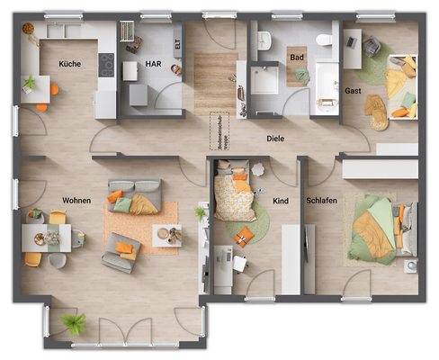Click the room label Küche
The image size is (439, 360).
pos(70,64)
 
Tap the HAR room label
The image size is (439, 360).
pos(153,64)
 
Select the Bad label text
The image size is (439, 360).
pos(296,57)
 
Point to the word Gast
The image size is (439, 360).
pos(353,91)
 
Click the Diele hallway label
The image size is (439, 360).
pos(274,139)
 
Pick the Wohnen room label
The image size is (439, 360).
pos(77,200)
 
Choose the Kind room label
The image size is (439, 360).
pos(281,201)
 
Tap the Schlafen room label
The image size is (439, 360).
pos(321,201)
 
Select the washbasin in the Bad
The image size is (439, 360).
pos(264,40)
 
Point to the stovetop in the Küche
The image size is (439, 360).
pos(105,66)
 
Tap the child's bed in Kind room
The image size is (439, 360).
pos(232,191)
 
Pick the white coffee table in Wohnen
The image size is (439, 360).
pos(166,234)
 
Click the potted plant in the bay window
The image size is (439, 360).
pos(75,323)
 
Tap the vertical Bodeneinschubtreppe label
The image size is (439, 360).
pos(219,131)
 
